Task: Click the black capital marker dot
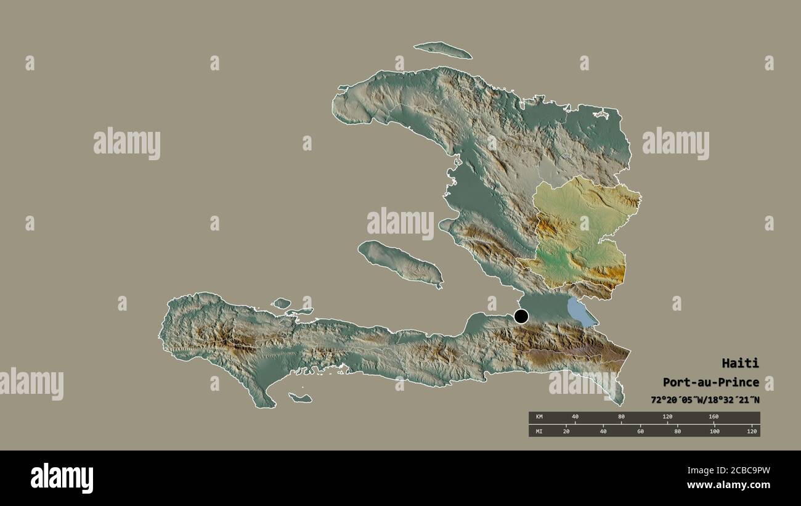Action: (x=521, y=317)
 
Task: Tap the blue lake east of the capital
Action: (x=581, y=312)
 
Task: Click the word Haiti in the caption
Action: (x=741, y=363)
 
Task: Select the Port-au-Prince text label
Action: (x=711, y=382)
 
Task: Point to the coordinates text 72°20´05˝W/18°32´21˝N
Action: (x=705, y=400)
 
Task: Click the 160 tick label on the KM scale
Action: (x=714, y=417)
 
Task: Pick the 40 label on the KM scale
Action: (x=575, y=417)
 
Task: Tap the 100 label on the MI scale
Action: (x=714, y=431)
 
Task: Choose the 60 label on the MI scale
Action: (x=640, y=431)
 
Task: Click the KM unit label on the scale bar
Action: (x=539, y=417)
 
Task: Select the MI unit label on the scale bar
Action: (x=539, y=431)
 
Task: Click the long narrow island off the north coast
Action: (x=442, y=50)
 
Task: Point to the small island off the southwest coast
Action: (x=300, y=398)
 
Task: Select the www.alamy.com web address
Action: (x=730, y=485)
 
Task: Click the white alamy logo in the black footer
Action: (x=62, y=478)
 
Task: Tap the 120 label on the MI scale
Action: (x=751, y=431)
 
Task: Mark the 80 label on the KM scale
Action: (x=621, y=417)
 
